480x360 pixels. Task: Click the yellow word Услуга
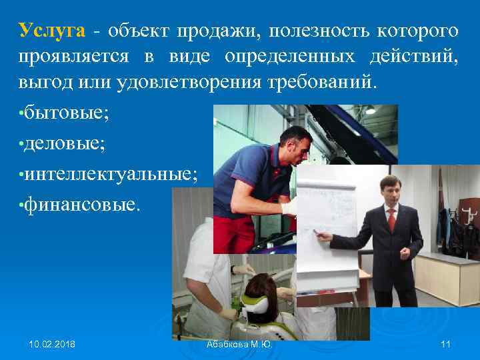tap(52, 31)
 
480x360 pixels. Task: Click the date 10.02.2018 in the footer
tap(52, 344)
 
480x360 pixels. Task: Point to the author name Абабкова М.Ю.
tap(240, 344)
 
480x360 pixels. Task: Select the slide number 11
tap(447, 344)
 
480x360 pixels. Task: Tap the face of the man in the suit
tap(390, 191)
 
